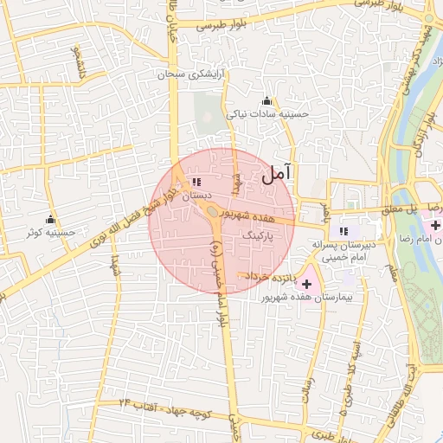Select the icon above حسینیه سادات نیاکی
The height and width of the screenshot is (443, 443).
[x=266, y=100]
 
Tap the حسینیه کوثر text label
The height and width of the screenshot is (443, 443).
[x=52, y=232]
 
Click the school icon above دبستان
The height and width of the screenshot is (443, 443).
[x=196, y=183]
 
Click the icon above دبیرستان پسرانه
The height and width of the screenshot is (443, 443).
[x=343, y=230]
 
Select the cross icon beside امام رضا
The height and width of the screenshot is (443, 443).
[x=435, y=225]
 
